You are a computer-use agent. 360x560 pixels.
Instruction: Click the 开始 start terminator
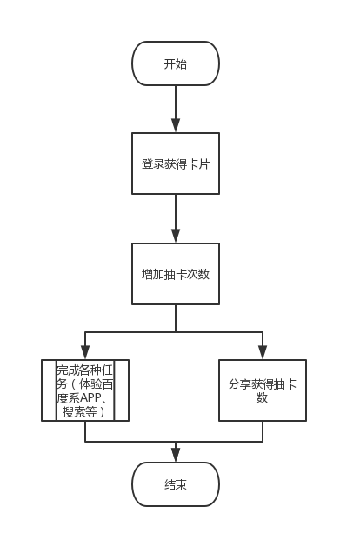pyautogui.click(x=176, y=63)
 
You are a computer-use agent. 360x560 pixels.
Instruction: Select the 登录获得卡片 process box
pyautogui.click(x=176, y=163)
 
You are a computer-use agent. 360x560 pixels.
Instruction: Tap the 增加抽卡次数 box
pyautogui.click(x=176, y=274)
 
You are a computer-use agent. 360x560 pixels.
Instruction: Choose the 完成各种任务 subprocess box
pyautogui.click(x=85, y=390)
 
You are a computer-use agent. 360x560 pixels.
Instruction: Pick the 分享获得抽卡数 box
pyautogui.click(x=263, y=390)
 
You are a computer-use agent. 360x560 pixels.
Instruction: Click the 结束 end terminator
pyautogui.click(x=176, y=484)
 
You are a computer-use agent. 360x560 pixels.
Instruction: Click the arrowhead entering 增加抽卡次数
pyautogui.click(x=176, y=236)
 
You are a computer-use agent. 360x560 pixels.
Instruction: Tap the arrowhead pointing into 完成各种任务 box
pyautogui.click(x=85, y=352)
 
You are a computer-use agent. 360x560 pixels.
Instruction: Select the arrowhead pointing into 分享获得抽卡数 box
pyautogui.click(x=263, y=352)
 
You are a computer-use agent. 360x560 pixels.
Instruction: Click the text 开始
pyautogui.click(x=176, y=64)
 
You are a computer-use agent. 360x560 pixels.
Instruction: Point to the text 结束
pyautogui.click(x=176, y=484)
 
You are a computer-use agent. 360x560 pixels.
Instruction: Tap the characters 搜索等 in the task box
pyautogui.click(x=79, y=412)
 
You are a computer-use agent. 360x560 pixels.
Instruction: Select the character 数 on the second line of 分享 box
pyautogui.click(x=262, y=397)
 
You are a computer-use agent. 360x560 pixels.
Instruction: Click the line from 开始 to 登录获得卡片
pyautogui.click(x=176, y=103)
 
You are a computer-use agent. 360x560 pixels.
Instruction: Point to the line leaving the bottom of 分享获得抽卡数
pyautogui.click(x=263, y=431)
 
